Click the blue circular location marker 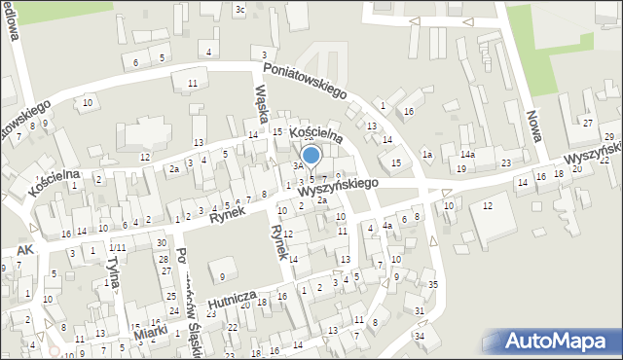[311, 155]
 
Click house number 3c [240, 10]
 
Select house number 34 [420, 337]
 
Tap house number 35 [432, 285]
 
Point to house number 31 [420, 310]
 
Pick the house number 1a [427, 155]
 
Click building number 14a [467, 155]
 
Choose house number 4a [387, 227]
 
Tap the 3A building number [299, 166]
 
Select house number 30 [161, 243]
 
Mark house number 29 [608, 136]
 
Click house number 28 [165, 257]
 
